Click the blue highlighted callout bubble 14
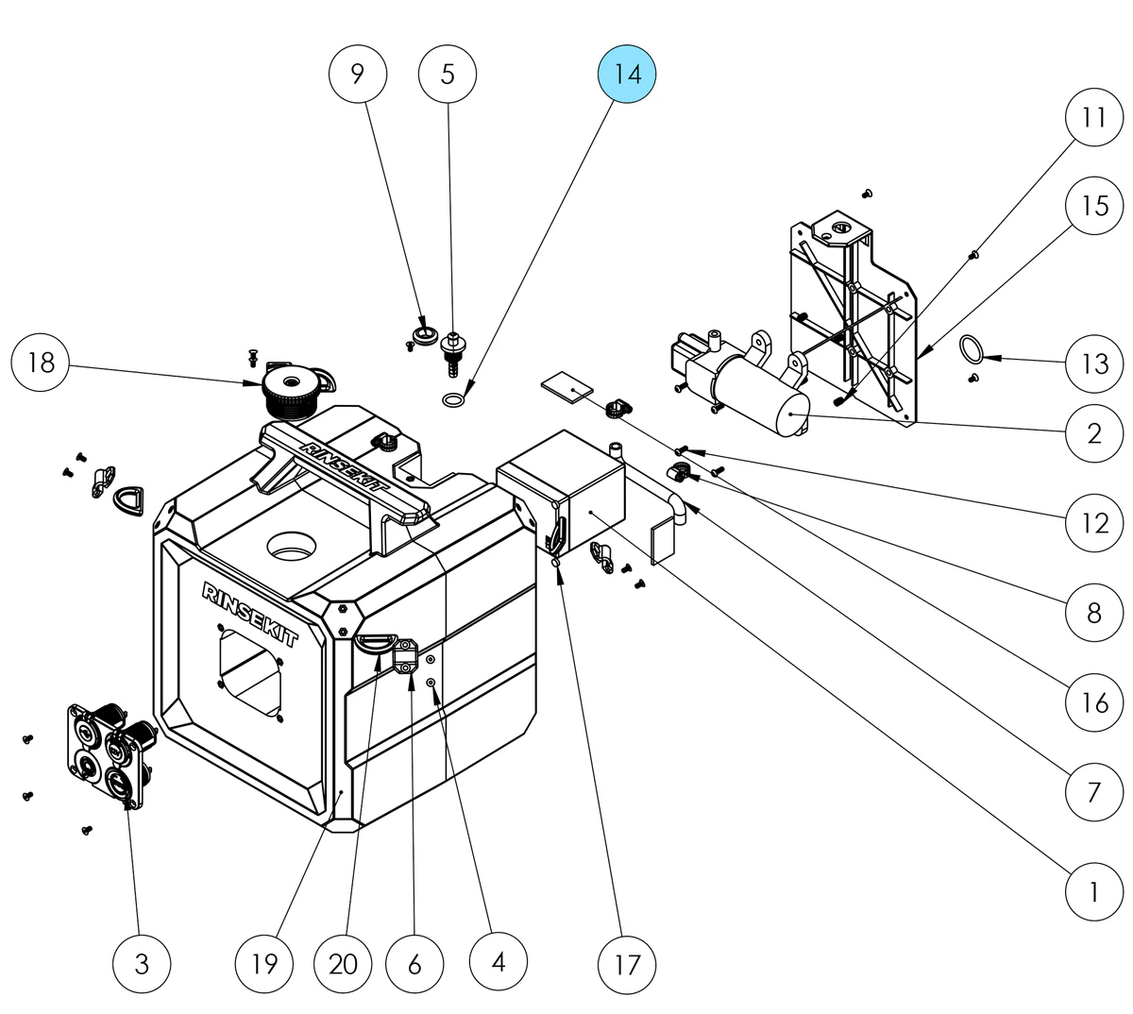[x=627, y=74]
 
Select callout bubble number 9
[x=358, y=74]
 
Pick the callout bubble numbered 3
[x=142, y=963]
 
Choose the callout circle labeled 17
[x=627, y=963]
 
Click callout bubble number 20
[x=345, y=963]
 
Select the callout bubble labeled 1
[x=1094, y=890]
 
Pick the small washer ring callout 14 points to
[x=453, y=400]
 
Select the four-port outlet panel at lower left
[x=107, y=752]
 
